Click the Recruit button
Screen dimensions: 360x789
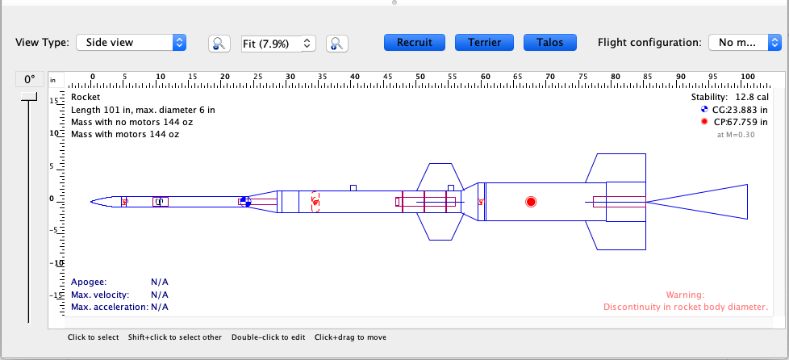(415, 42)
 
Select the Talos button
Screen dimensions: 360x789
(549, 42)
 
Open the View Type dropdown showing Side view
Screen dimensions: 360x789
(131, 42)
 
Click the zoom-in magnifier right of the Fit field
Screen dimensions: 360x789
(336, 44)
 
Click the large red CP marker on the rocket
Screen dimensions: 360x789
(531, 202)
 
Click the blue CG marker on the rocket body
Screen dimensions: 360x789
(245, 202)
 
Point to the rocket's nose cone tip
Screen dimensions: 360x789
(92, 202)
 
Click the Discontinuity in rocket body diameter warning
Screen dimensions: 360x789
(685, 307)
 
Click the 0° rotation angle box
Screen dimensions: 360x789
(30, 79)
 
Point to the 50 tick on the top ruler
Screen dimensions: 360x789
(420, 78)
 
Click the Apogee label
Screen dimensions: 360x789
(88, 282)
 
